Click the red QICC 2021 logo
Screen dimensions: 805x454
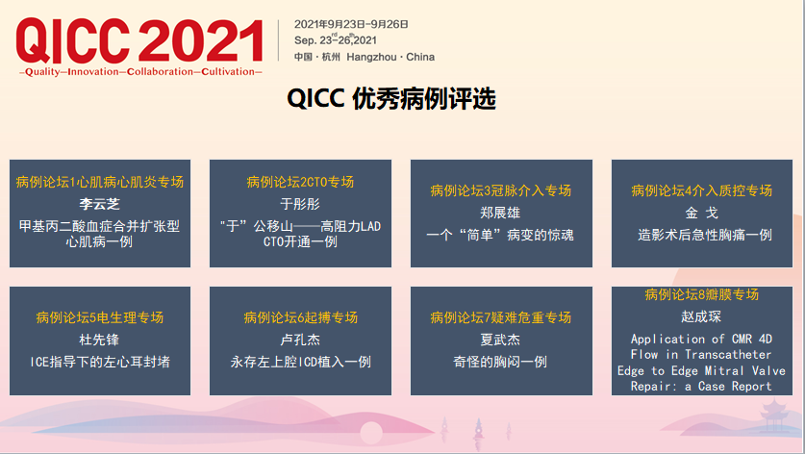coord(139,40)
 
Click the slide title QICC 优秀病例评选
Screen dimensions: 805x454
coord(391,98)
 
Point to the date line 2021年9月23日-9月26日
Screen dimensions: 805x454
coord(351,24)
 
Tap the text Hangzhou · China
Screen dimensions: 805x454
coord(390,57)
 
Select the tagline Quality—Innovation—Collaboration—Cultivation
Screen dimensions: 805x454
coord(140,72)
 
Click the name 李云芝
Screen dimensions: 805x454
coord(100,204)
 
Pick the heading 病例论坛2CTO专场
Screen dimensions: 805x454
coord(300,182)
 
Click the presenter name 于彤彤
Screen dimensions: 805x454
coord(300,204)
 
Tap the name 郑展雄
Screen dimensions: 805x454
coord(500,213)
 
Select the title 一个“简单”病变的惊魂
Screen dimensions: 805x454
coord(500,236)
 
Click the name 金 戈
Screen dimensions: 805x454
coord(702,213)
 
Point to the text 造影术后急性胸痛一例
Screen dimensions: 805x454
coord(705,236)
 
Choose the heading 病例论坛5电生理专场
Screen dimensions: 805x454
coord(100,317)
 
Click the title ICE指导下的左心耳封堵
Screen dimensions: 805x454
coord(100,362)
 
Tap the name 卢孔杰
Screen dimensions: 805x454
coord(300,340)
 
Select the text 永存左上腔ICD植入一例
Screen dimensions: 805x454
coord(301,362)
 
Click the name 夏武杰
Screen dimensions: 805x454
coord(500,340)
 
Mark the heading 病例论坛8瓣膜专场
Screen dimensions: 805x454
coord(702,294)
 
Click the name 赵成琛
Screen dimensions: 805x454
coord(702,316)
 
